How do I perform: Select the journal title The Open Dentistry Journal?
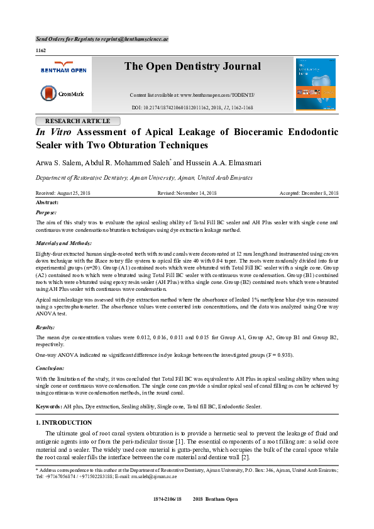[192, 67]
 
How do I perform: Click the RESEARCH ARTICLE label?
[78, 121]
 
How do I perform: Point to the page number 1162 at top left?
[41, 50]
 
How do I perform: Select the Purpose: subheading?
[46, 213]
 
